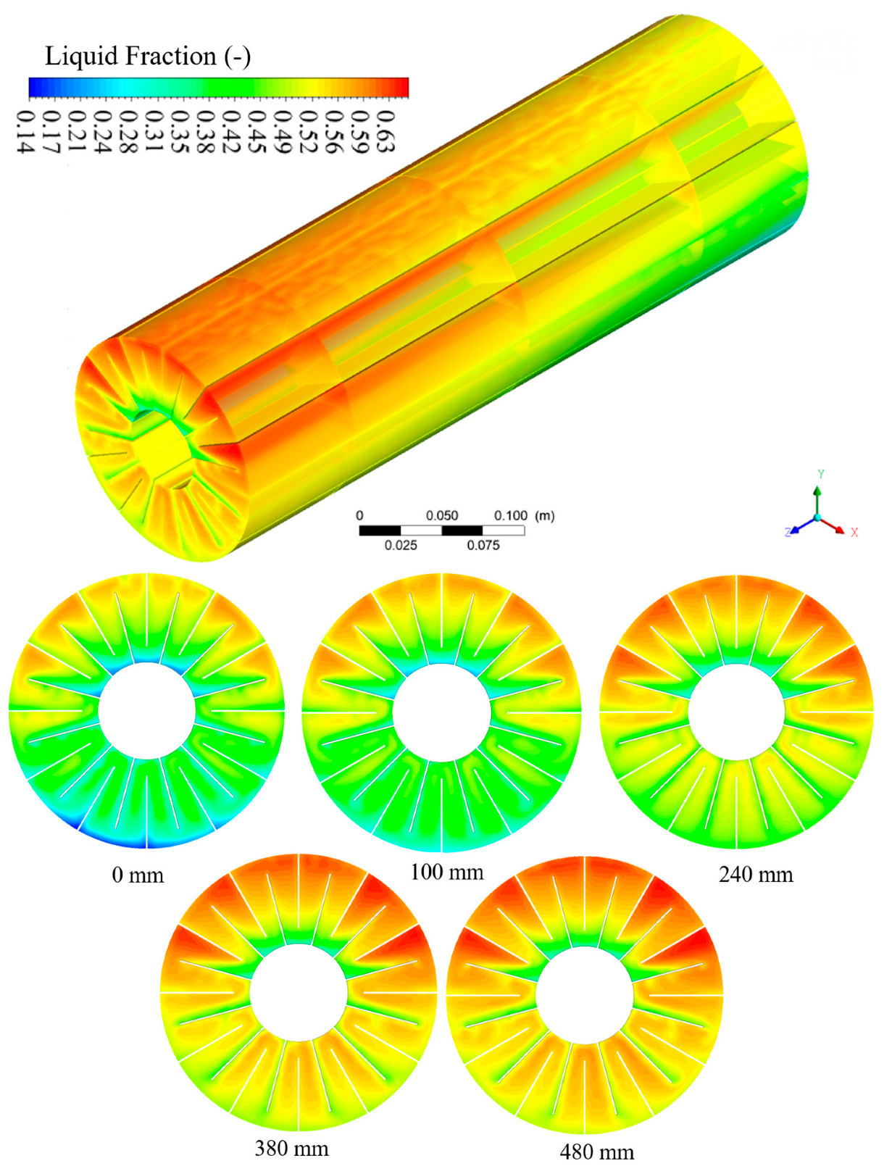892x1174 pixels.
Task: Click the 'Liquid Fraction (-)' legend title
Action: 148,57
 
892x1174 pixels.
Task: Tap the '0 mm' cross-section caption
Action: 138,875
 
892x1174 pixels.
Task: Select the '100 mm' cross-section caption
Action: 446,873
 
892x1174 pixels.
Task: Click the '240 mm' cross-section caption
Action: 756,875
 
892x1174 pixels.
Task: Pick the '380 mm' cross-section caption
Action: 291,1149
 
